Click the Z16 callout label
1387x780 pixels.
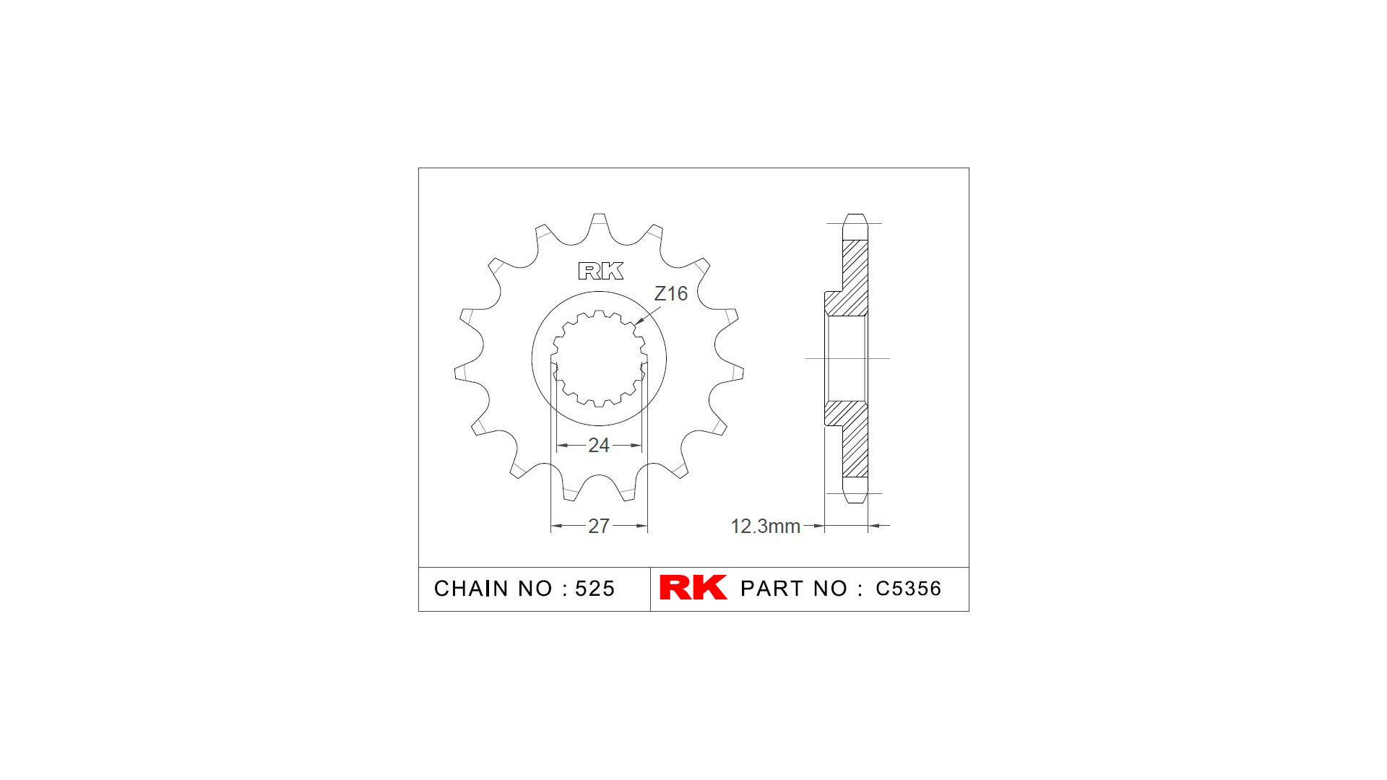click(x=670, y=294)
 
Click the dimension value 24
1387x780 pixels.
click(x=598, y=446)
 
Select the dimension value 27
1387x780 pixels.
click(x=598, y=526)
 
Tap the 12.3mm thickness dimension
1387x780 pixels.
click(x=765, y=526)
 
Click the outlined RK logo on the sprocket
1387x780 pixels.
click(x=600, y=272)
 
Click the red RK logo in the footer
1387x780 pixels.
click(x=693, y=588)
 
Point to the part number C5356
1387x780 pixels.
click(x=908, y=589)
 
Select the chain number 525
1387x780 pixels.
click(x=595, y=589)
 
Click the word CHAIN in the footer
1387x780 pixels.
click(x=470, y=589)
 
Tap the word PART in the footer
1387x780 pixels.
click(x=772, y=589)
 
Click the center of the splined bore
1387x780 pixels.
click(x=599, y=359)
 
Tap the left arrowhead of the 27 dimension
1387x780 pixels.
click(x=555, y=526)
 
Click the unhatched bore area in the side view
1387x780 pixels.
click(x=847, y=358)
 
